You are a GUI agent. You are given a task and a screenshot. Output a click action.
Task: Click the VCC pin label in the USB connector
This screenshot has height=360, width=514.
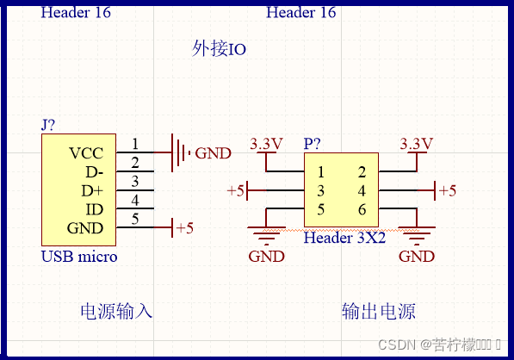(86, 153)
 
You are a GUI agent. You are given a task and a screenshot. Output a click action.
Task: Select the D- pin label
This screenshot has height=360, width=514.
(93, 172)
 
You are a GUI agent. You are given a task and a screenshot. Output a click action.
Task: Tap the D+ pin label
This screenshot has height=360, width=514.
(92, 191)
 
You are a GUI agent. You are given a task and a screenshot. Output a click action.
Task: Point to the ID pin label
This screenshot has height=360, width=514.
(95, 209)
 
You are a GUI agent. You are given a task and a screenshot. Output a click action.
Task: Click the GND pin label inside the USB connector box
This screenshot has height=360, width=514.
(85, 228)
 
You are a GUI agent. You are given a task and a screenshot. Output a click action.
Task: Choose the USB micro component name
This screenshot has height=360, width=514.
(79, 257)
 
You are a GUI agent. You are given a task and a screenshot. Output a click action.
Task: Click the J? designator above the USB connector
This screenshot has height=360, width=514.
(48, 125)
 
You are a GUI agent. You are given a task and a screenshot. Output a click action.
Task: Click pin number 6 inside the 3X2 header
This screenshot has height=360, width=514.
(362, 209)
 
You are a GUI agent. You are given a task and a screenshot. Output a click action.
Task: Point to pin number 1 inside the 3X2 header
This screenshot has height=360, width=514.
(320, 172)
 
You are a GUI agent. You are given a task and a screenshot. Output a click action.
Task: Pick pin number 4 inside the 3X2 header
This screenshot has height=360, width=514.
(362, 190)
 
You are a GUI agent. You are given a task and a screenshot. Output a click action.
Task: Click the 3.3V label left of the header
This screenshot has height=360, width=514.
(266, 144)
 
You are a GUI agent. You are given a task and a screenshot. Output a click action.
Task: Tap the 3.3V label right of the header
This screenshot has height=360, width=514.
(417, 143)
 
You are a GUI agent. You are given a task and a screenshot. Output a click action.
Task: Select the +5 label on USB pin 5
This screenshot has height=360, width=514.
(184, 228)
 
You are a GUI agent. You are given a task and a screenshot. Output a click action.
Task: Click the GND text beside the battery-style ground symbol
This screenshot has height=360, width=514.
(213, 154)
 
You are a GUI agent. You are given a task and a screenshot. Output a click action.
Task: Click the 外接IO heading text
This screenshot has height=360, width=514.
(219, 49)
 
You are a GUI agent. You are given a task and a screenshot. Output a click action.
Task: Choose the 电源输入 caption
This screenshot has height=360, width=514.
(116, 310)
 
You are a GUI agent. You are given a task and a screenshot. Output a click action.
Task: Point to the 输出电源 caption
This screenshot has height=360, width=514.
(379, 310)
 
